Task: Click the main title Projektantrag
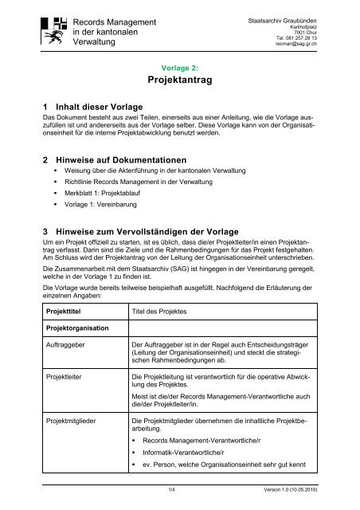tap(179, 80)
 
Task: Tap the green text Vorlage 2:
tap(179, 67)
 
